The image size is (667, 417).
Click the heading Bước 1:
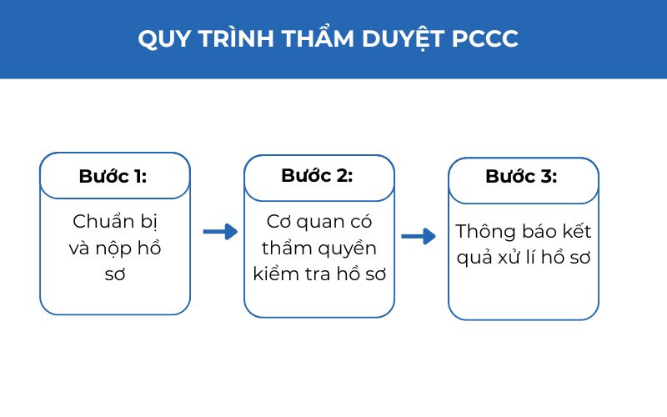pos(113,176)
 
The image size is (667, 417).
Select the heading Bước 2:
pos(317,176)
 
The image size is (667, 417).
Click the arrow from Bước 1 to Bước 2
pos(220,232)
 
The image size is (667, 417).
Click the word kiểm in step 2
pos(276,274)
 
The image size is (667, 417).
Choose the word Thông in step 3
pos(484,231)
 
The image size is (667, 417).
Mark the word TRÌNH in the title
pos(237,39)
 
